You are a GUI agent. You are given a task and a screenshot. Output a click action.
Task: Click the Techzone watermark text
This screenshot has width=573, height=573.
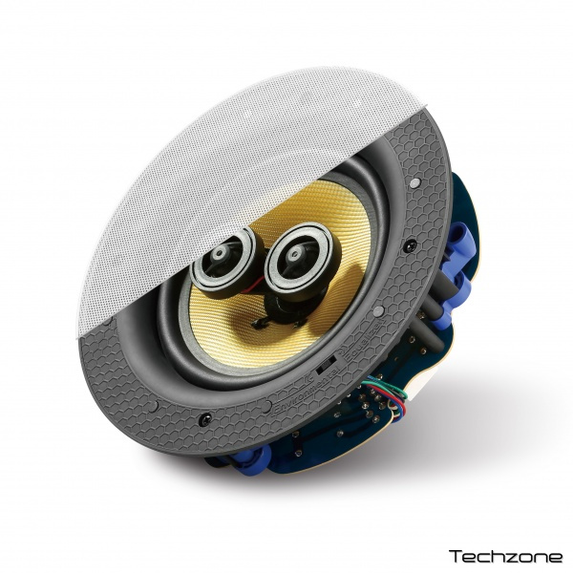coord(506,556)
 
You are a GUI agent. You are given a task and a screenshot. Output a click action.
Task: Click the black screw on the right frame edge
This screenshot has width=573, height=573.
coord(411,245)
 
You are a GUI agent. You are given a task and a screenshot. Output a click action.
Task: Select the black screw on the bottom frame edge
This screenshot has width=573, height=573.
coord(205,419)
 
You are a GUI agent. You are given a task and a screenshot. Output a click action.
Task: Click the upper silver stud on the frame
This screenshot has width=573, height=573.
coord(414,182)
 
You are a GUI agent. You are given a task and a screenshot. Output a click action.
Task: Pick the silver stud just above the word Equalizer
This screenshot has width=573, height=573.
coord(378,311)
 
